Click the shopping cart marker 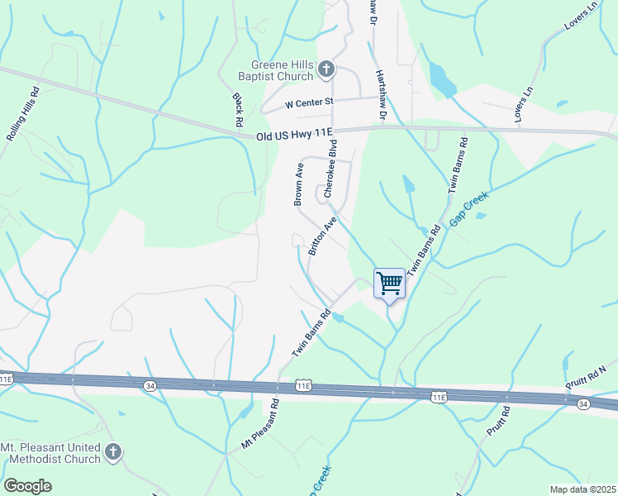tap(389, 284)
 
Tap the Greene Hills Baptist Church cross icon tap(326, 69)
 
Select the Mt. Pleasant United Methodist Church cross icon tap(113, 452)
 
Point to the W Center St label tap(308, 104)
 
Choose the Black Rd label tap(238, 110)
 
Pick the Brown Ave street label tap(299, 184)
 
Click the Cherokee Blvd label tap(331, 169)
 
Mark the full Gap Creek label tap(469, 210)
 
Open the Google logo tap(27, 486)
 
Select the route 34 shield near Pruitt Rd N tap(583, 403)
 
